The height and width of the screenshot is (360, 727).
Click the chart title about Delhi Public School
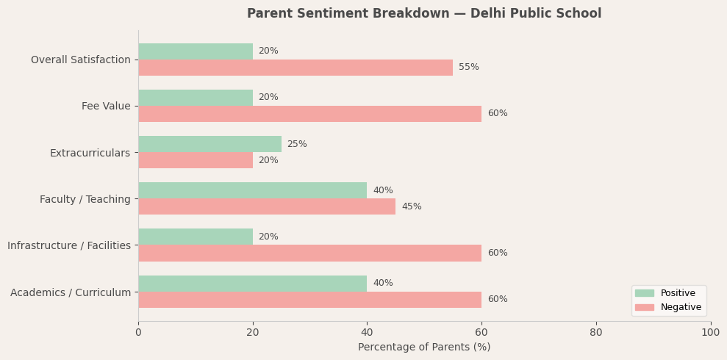pyautogui.click(x=423, y=14)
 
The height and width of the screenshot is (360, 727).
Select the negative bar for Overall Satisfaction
pyautogui.click(x=295, y=68)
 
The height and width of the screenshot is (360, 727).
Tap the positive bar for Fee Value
pyautogui.click(x=196, y=98)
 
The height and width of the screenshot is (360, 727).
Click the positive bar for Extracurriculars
pyautogui.click(x=209, y=144)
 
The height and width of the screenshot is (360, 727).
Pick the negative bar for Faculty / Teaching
pyautogui.click(x=267, y=206)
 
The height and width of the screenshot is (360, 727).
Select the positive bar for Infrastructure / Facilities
pyautogui.click(x=196, y=237)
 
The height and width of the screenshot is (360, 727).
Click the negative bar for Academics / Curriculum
pyautogui.click(x=309, y=300)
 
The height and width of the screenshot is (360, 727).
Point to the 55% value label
pyautogui.click(x=468, y=68)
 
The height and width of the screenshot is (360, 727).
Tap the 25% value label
pyautogui.click(x=297, y=144)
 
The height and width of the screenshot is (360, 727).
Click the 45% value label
pyautogui.click(x=411, y=206)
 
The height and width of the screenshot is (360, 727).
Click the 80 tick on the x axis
pyautogui.click(x=596, y=333)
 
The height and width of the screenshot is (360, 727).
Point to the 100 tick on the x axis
pyautogui.click(x=710, y=333)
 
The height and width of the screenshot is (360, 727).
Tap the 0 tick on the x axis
pyautogui.click(x=138, y=333)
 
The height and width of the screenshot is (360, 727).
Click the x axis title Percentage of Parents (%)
pyautogui.click(x=424, y=348)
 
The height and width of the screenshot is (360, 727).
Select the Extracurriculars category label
pyautogui.click(x=90, y=153)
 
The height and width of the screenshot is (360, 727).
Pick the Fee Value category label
pyautogui.click(x=106, y=107)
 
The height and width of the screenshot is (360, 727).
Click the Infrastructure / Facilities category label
pyautogui.click(x=69, y=245)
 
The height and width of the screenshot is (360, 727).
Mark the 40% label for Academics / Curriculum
pyautogui.click(x=382, y=284)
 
